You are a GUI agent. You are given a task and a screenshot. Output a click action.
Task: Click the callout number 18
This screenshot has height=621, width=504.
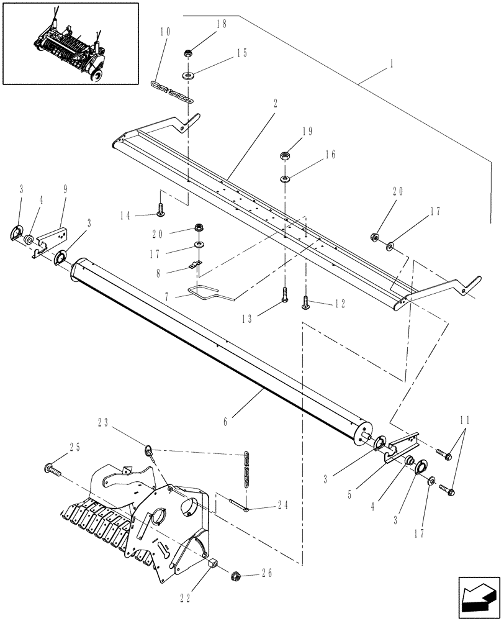coord(205,24)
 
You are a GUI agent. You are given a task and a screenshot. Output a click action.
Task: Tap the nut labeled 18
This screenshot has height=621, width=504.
coord(187,52)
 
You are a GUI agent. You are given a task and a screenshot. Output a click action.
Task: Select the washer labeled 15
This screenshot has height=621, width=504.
coord(187,76)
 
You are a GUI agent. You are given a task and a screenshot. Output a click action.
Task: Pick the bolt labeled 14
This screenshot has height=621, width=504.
coord(161,211)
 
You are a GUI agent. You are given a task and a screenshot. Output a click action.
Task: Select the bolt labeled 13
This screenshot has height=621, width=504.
coord(284,294)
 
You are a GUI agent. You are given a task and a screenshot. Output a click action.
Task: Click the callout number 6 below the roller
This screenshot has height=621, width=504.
coord(225,422)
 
